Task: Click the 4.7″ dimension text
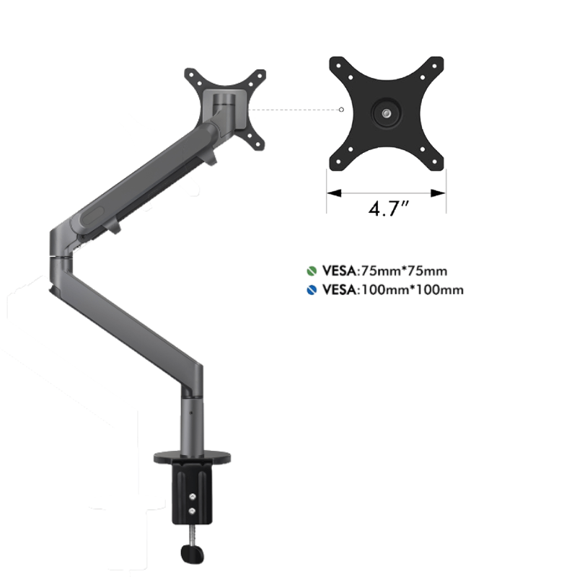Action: click(389, 209)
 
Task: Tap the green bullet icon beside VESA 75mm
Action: click(310, 272)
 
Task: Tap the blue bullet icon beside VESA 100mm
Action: click(310, 290)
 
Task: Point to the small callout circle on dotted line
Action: click(340, 110)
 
